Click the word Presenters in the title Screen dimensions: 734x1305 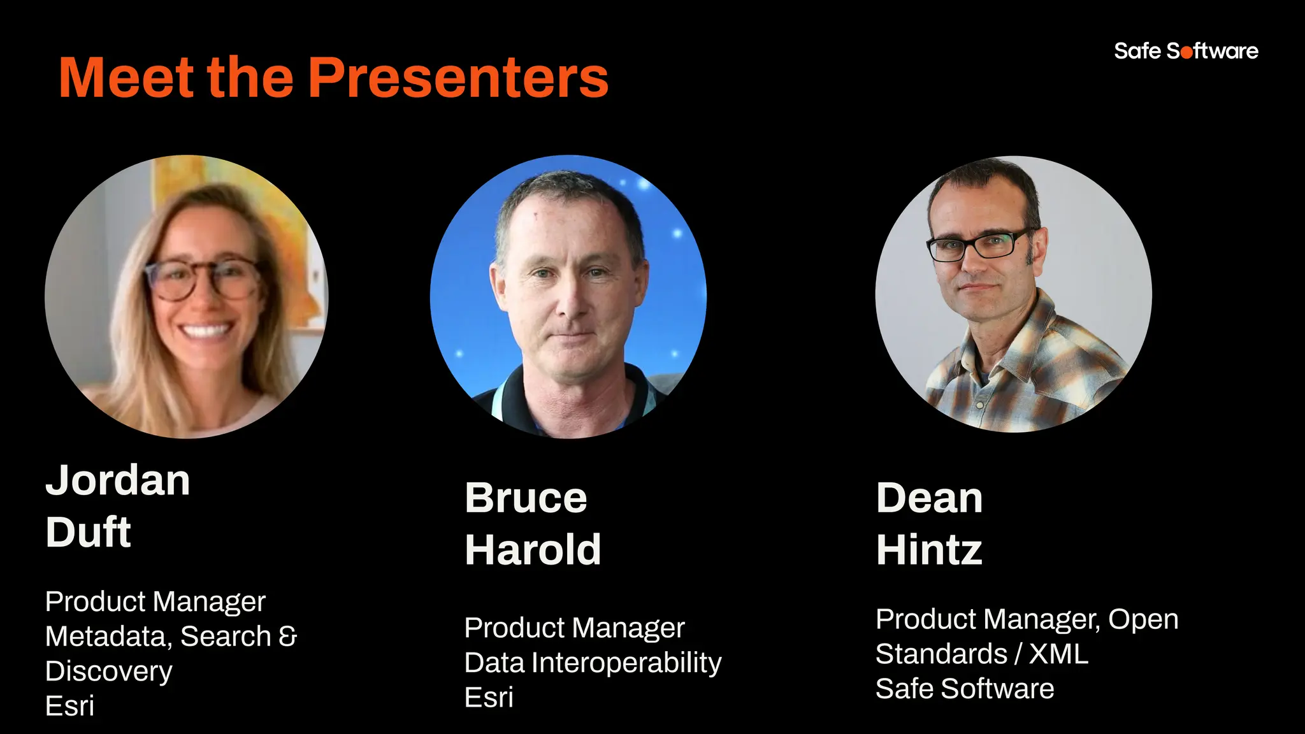pyautogui.click(x=458, y=78)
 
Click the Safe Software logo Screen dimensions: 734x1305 pyautogui.click(x=1186, y=51)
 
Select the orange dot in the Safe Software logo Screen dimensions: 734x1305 pyautogui.click(x=1186, y=53)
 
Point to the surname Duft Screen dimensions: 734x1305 pyautogui.click(x=89, y=532)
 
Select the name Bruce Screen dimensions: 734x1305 pyautogui.click(x=526, y=498)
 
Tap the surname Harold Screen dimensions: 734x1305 pyautogui.click(x=533, y=550)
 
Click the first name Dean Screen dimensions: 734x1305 pyautogui.click(x=929, y=498)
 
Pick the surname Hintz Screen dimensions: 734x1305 pyautogui.click(x=929, y=550)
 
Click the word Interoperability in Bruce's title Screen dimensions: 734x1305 pyautogui.click(x=626, y=663)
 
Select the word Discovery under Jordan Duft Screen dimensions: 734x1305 pyautogui.click(x=109, y=671)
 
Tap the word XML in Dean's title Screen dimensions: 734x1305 pyautogui.click(x=1058, y=654)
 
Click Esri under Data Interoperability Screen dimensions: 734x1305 pyautogui.click(x=489, y=697)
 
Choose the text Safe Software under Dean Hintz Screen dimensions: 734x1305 pyautogui.click(x=965, y=689)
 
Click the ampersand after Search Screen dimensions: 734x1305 pyautogui.click(x=288, y=636)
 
